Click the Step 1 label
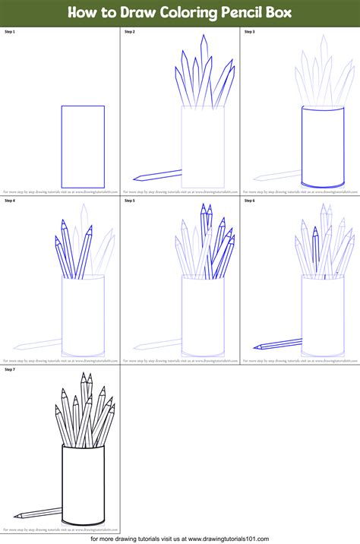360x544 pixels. [x=10, y=33]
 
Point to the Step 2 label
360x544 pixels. [x=129, y=33]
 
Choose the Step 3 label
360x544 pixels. [x=249, y=33]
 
